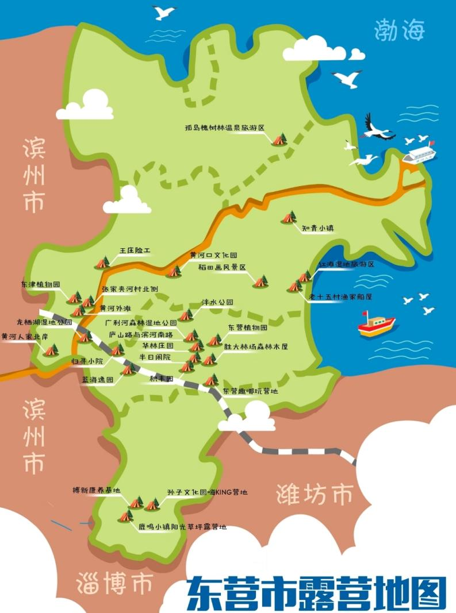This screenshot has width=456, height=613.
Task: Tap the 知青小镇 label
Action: [319, 228]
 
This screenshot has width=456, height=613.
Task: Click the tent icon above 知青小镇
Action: [289, 217]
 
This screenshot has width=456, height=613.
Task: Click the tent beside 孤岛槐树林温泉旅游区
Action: [279, 139]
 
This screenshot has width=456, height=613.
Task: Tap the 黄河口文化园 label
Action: [213, 255]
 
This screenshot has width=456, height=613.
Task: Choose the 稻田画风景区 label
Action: [222, 268]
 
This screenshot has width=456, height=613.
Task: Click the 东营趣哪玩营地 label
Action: [250, 391]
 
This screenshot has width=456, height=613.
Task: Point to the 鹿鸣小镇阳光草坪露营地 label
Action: [182, 526]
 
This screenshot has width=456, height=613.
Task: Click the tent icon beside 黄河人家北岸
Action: [51, 350]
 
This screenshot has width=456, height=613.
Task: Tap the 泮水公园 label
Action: [217, 302]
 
